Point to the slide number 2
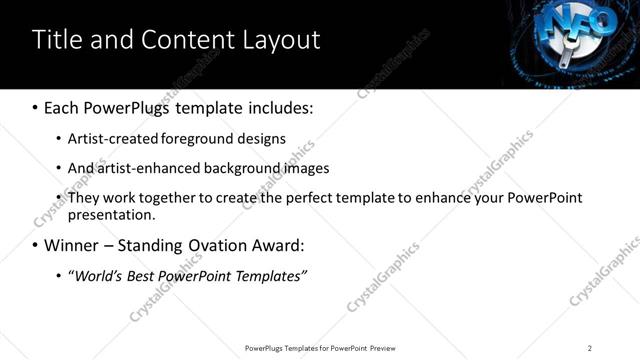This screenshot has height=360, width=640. click(x=590, y=348)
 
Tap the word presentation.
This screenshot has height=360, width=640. click(x=112, y=214)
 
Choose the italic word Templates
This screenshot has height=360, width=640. click(x=270, y=275)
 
